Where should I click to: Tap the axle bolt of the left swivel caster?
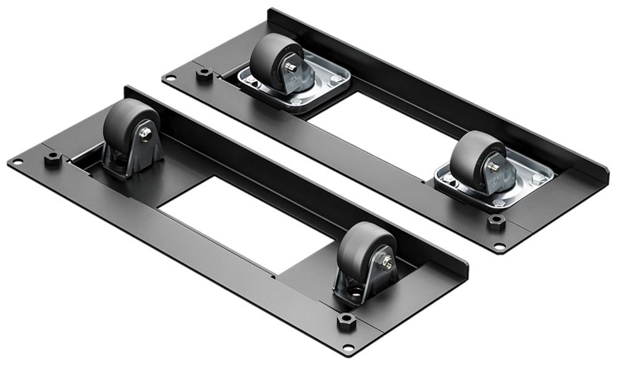coord(290,68)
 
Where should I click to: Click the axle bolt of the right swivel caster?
coord(494,167)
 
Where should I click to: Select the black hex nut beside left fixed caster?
coord(53,157)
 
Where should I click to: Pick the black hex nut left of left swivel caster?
coord(204,74)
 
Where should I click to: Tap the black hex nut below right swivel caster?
coord(496,221)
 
